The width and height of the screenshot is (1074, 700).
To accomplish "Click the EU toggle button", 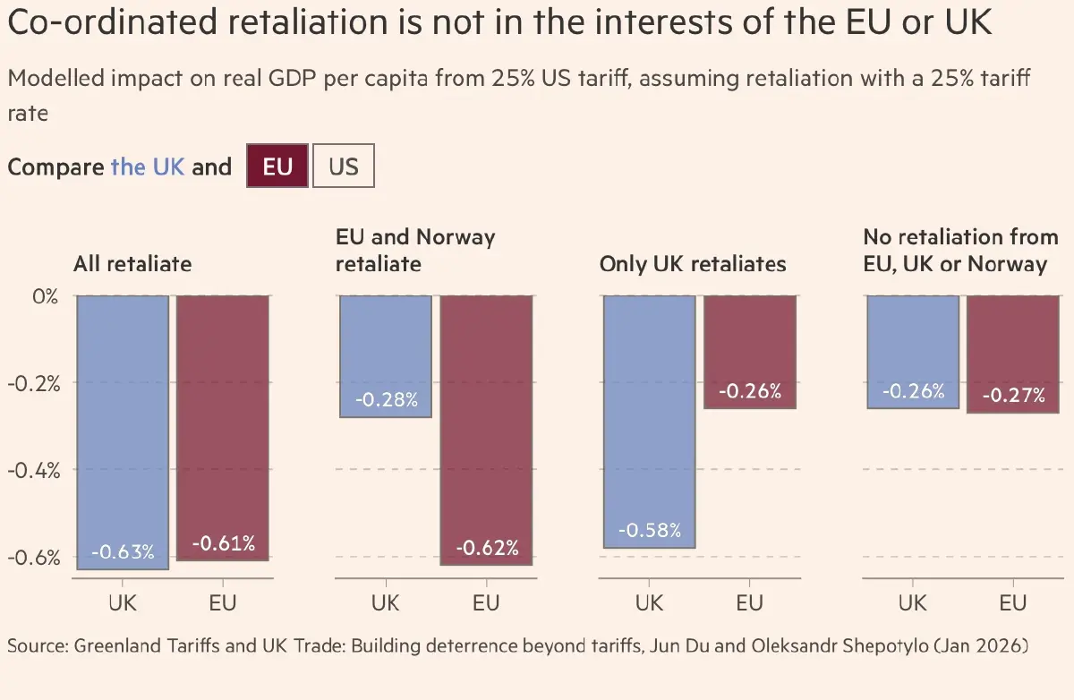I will pyautogui.click(x=277, y=167).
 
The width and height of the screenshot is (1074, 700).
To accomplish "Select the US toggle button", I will pyautogui.click(x=343, y=167).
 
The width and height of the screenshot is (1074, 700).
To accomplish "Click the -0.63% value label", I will pyautogui.click(x=123, y=551).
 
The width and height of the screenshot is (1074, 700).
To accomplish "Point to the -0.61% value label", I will pyautogui.click(x=223, y=543).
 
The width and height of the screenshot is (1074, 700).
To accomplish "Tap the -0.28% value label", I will pyautogui.click(x=386, y=399).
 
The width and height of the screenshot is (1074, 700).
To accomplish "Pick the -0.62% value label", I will pyautogui.click(x=487, y=548).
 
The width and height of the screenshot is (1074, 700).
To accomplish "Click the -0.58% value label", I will pyautogui.click(x=650, y=530).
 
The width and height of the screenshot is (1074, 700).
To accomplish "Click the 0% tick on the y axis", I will pyautogui.click(x=44, y=295).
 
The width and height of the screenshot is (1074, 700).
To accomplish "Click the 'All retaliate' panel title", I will pyautogui.click(x=132, y=264).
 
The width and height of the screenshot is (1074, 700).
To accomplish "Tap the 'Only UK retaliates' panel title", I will pyautogui.click(x=693, y=264).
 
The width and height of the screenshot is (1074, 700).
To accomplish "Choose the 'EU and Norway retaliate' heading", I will pyautogui.click(x=415, y=251).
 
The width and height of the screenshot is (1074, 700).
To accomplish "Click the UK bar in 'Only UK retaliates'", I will pyautogui.click(x=650, y=421).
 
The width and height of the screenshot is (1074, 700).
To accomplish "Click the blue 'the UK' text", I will pyautogui.click(x=148, y=167).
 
